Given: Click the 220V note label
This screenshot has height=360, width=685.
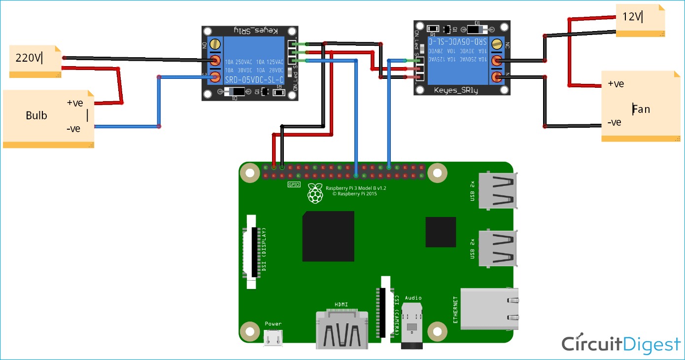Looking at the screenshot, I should pos(29,58).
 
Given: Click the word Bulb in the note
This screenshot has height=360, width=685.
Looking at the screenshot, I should pos(36,115).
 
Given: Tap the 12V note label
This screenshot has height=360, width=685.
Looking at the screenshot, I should pos(632,17).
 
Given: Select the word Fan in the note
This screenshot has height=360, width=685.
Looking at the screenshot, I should pos(641,109).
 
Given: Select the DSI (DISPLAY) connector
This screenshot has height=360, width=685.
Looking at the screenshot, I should pos(254,251).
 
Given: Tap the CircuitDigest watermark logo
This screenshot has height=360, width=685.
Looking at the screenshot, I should pos(621,344).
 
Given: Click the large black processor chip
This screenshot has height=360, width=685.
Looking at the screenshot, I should pos(328,236).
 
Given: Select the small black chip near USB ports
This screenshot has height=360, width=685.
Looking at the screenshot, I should pos(442,231).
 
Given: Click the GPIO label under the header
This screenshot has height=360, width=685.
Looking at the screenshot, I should pos(294,184).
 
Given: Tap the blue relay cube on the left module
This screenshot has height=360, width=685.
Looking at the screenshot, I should pos(254,61).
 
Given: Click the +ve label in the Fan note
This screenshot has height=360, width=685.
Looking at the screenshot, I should pos(616,84).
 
